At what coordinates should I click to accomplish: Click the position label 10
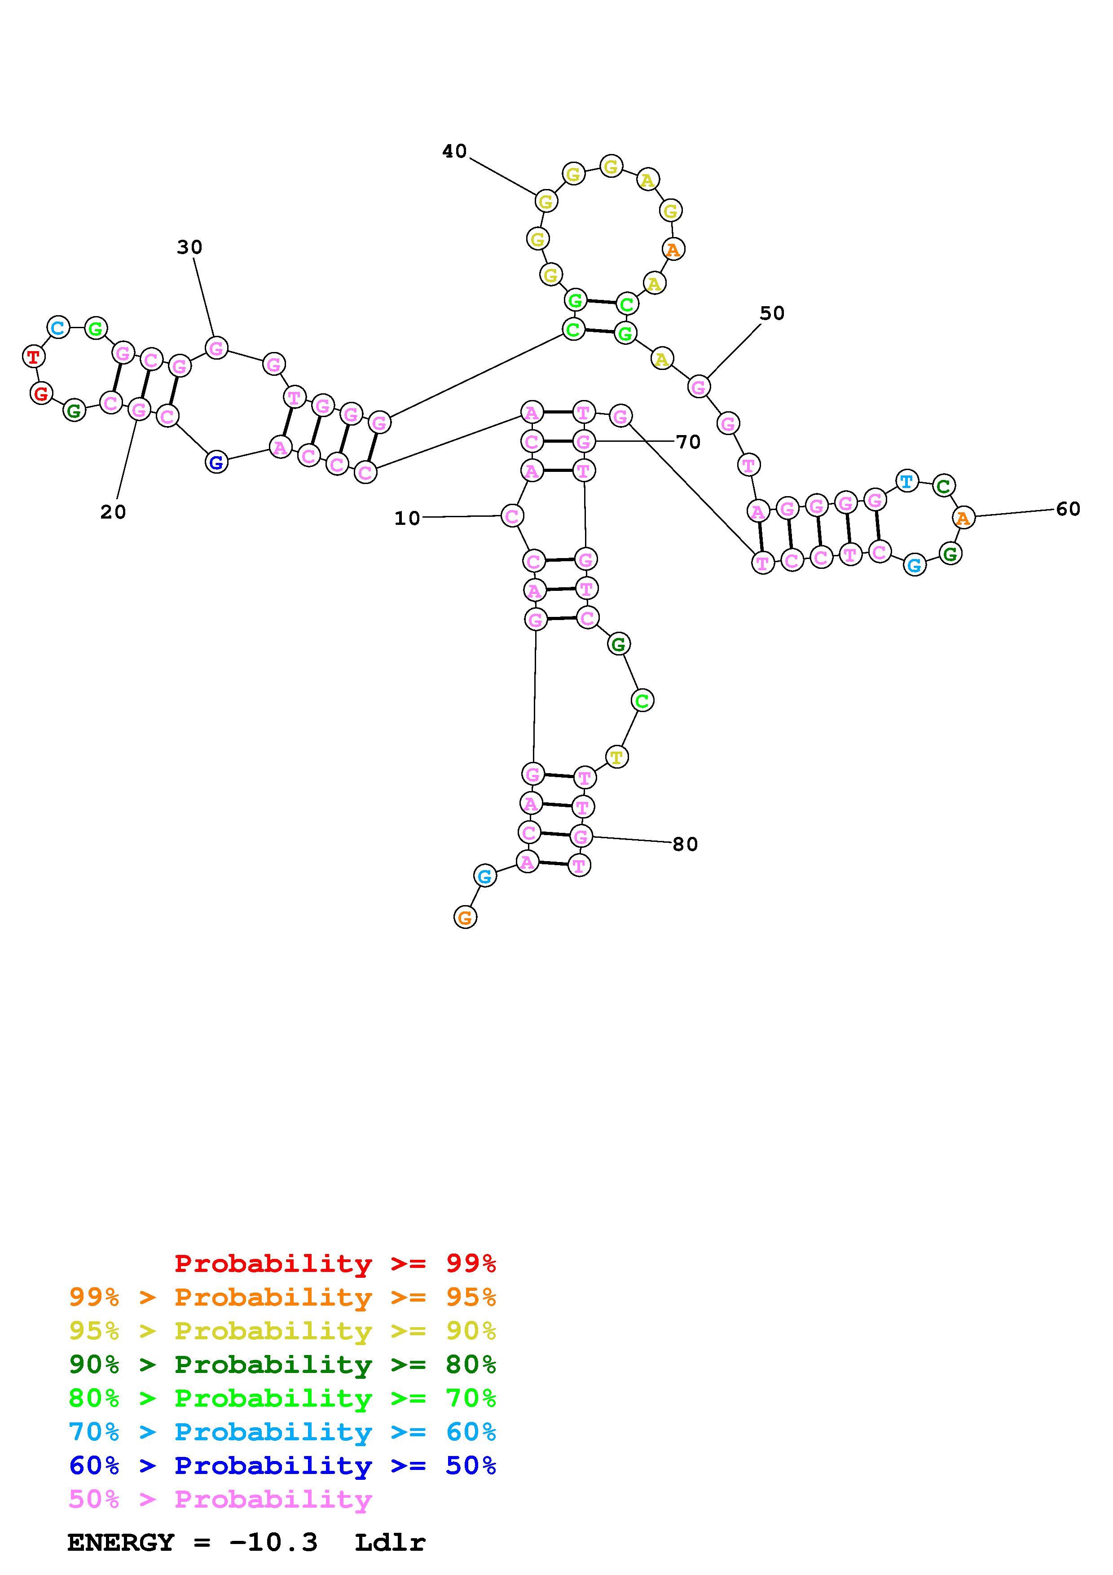point(407,519)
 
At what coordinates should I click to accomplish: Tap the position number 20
point(113,512)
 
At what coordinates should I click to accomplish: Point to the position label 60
point(1068,509)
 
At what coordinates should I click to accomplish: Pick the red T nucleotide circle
point(33,356)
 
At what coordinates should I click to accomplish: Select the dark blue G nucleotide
point(216,462)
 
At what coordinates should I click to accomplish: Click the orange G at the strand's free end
point(465,917)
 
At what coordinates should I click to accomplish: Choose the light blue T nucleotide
point(906,481)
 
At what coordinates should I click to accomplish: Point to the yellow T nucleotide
point(616,757)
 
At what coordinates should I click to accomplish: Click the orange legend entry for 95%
point(282,1297)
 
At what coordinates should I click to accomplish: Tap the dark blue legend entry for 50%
point(282,1465)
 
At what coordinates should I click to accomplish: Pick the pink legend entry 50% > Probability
point(220,1499)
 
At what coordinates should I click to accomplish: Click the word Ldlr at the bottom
point(390,1542)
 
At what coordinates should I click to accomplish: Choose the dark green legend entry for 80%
point(282,1364)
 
